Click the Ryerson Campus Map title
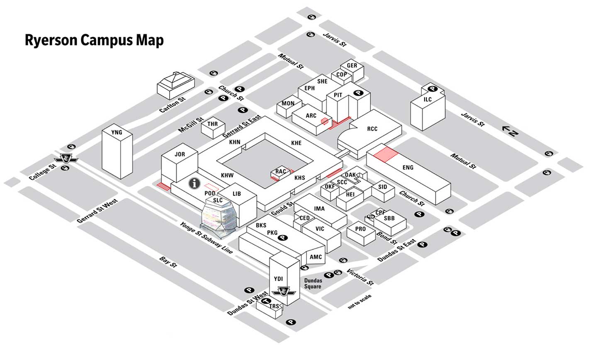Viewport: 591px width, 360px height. (94, 40)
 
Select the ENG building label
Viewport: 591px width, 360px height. (408, 168)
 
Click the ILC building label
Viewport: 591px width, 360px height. (428, 100)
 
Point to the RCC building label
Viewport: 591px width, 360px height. (372, 129)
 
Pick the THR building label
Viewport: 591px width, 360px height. (212, 124)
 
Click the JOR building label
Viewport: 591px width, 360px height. (180, 154)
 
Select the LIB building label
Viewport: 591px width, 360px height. (237, 194)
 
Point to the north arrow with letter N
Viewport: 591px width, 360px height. (510, 131)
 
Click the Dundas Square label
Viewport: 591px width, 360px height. (313, 283)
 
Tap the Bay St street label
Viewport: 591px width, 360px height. (168, 263)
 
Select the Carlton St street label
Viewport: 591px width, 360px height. (173, 106)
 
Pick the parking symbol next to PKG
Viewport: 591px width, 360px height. (283, 238)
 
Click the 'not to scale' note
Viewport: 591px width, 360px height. (360, 302)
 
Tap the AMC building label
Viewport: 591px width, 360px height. (316, 257)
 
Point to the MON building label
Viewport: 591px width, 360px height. (288, 103)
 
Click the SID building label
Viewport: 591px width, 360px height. (382, 187)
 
